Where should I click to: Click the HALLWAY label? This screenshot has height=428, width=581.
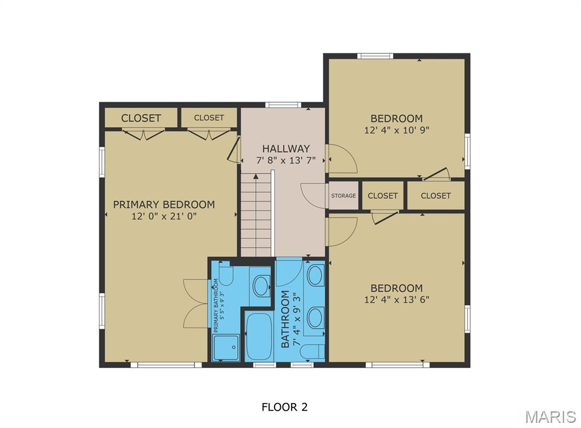[278, 149]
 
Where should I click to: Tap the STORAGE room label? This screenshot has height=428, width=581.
[344, 196]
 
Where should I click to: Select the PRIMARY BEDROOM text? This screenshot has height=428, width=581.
[163, 204]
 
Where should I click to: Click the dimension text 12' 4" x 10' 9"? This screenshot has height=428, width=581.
[397, 130]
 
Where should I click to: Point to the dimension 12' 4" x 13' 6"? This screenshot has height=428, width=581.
[397, 299]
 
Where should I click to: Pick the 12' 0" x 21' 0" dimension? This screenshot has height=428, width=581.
[163, 216]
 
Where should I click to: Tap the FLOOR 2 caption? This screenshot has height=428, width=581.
[284, 407]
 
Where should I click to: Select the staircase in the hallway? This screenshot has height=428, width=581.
[256, 216]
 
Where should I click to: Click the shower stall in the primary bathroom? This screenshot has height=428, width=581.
[226, 347]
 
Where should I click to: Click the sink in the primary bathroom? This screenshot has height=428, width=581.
[261, 285]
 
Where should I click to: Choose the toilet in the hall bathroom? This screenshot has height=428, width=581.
[312, 351]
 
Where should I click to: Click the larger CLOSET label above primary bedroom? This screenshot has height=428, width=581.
[141, 118]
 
